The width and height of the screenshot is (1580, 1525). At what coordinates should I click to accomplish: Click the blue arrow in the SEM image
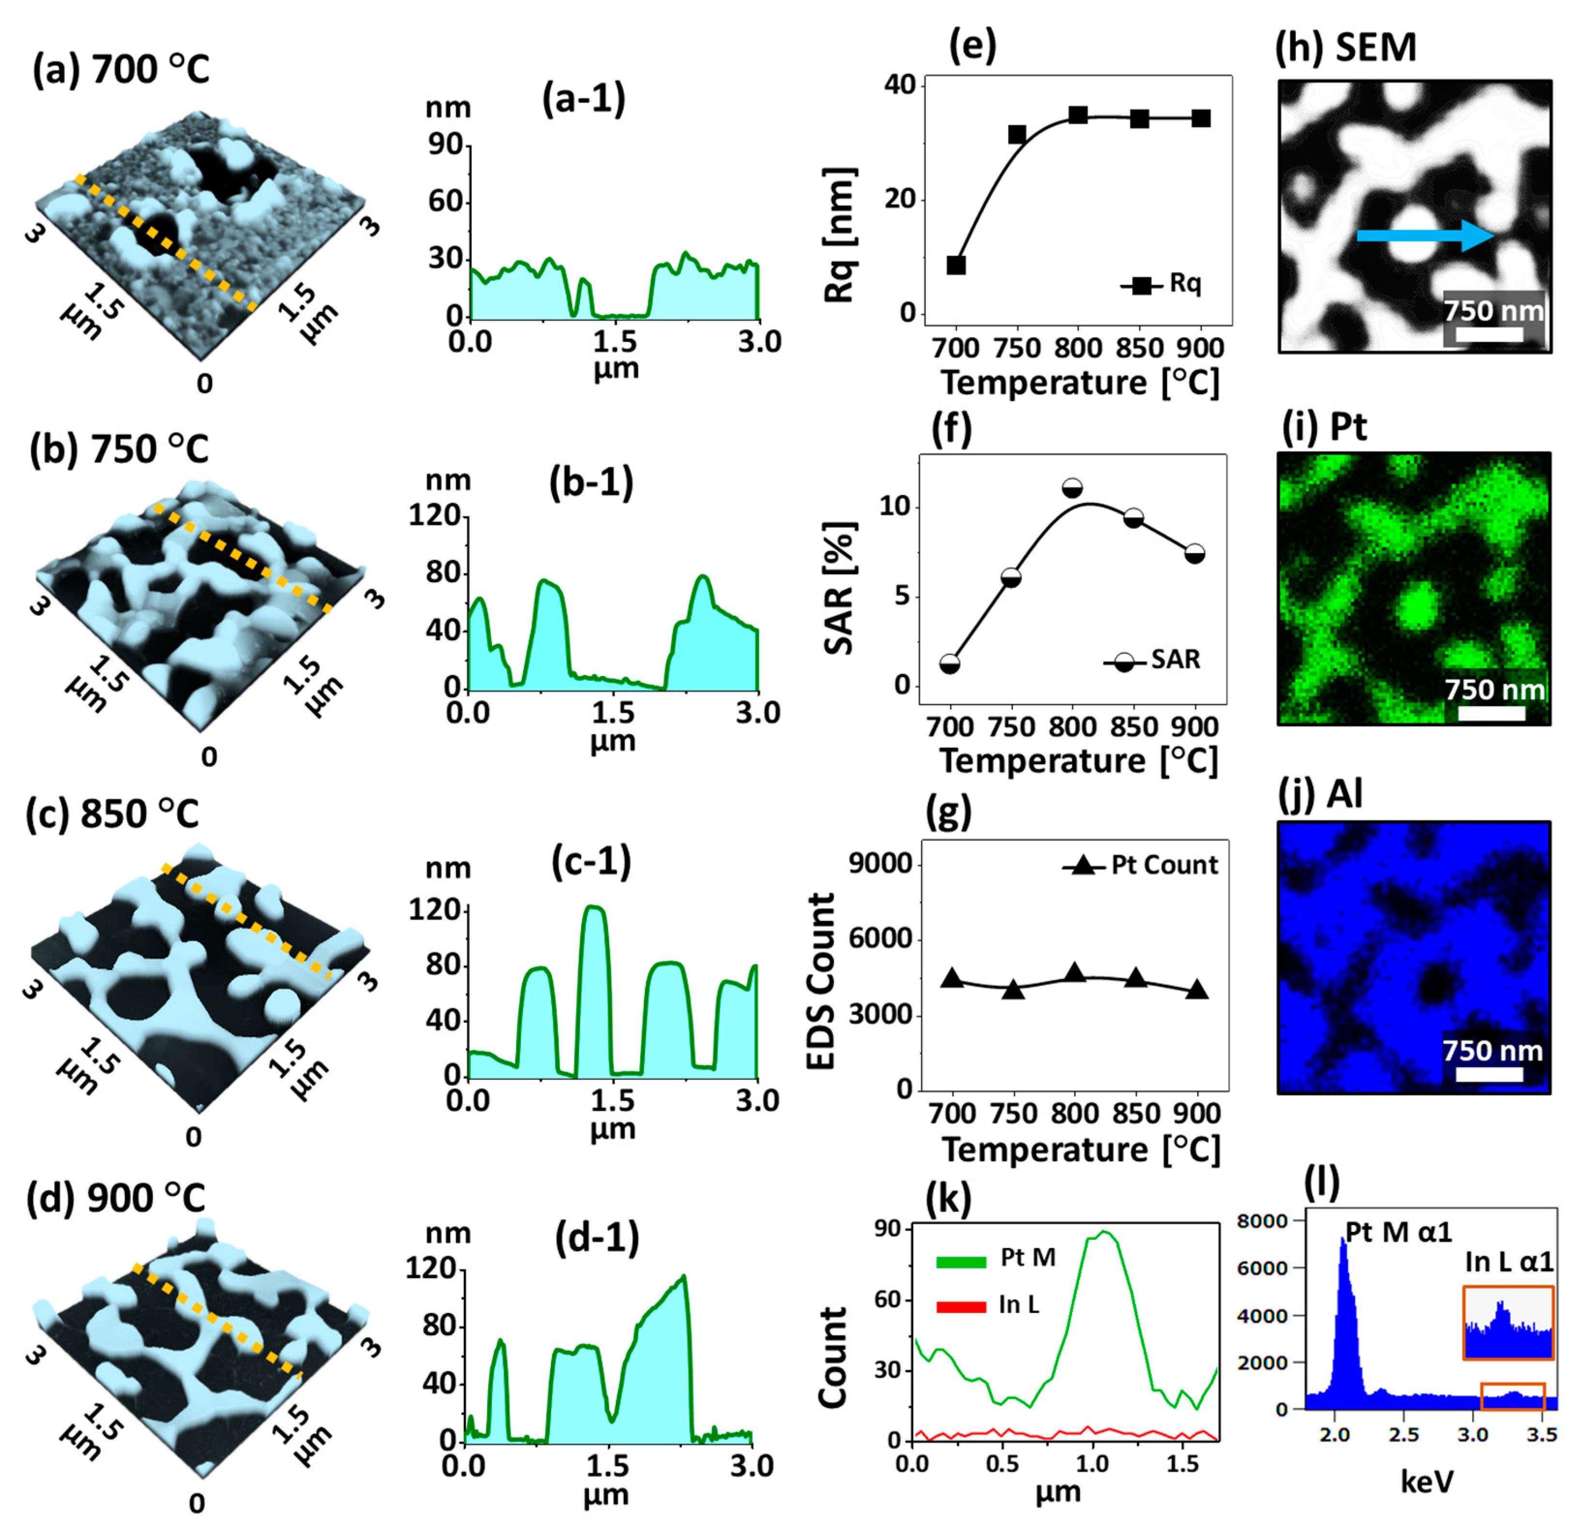click(1425, 235)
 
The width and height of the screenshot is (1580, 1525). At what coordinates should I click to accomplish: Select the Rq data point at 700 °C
click(956, 265)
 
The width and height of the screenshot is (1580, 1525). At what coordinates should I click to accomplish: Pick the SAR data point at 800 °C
click(1072, 489)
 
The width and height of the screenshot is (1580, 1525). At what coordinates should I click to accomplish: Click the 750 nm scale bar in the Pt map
click(1491, 712)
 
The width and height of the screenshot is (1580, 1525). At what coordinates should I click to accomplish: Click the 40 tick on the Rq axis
click(905, 85)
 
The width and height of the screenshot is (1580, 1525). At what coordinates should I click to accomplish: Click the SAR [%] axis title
click(839, 588)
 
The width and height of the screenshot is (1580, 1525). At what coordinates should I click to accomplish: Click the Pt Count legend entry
click(1141, 865)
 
